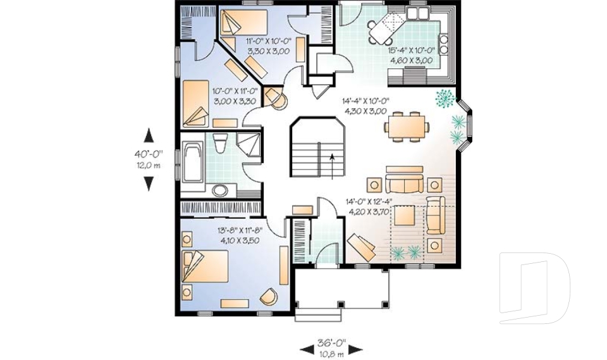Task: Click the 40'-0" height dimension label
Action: tap(149, 153)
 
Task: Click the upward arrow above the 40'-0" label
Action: tap(149, 135)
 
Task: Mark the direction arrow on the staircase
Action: tap(333, 164)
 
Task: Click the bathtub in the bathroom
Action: tap(192, 165)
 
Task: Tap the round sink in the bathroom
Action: tap(220, 190)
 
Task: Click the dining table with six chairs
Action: tap(407, 126)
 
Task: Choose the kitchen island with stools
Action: tap(386, 28)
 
